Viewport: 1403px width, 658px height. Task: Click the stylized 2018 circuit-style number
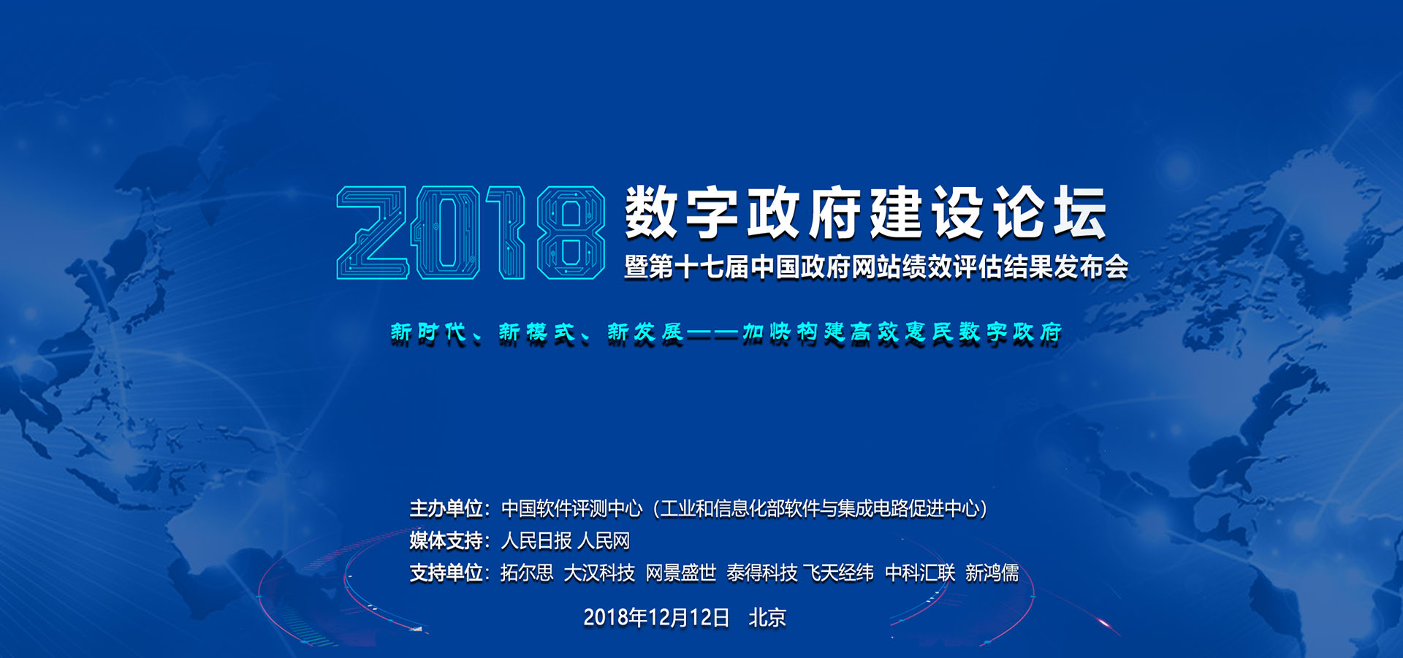click(471, 232)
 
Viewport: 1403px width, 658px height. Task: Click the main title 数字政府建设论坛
click(866, 213)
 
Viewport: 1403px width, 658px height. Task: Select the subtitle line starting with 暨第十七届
click(876, 267)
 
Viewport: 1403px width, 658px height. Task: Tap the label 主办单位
click(445, 508)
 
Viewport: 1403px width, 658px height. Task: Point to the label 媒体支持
click(445, 540)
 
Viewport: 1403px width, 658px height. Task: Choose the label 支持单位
click(445, 573)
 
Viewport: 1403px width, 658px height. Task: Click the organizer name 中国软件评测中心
click(571, 508)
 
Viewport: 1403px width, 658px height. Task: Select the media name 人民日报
click(536, 540)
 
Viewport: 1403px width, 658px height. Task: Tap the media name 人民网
click(604, 540)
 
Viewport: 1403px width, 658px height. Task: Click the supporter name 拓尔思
click(527, 573)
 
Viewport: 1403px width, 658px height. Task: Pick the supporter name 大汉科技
click(599, 573)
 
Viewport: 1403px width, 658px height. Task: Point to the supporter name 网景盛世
click(681, 573)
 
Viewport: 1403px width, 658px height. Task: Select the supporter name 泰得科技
click(762, 573)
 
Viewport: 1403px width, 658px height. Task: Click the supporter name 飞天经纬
click(839, 573)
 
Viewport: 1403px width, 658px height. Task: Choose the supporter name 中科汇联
click(920, 573)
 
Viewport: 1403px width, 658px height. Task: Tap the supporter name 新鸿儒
click(992, 573)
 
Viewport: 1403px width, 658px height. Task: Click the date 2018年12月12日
click(656, 618)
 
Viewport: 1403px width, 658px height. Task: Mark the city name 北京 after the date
click(767, 618)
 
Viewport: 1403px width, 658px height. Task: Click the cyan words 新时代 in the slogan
click(429, 333)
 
